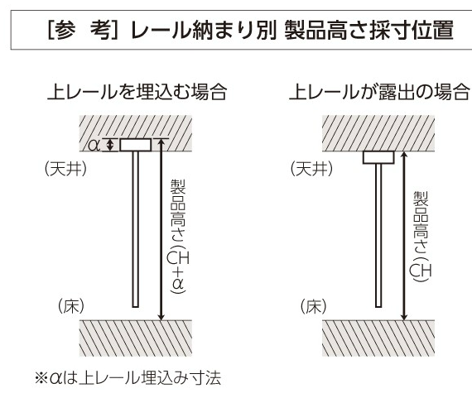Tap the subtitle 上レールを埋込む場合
[137, 92]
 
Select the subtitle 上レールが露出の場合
[379, 92]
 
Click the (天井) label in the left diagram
[65, 169]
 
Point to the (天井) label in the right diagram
[312, 169]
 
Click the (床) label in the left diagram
[71, 306]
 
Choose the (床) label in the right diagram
[313, 306]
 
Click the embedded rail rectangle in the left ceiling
[136, 145]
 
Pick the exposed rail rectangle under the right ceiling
[378, 157]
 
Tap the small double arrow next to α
[110, 145]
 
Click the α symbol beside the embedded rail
[94, 146]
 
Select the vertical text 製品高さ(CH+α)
[178, 236]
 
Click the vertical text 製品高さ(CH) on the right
[421, 236]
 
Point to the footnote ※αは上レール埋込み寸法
[128, 378]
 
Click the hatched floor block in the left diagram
[136, 338]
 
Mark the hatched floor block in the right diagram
[378, 338]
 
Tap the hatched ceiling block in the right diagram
[378, 133]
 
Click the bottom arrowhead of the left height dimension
[161, 317]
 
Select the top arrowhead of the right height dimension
[404, 155]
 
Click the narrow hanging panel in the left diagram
[136, 229]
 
